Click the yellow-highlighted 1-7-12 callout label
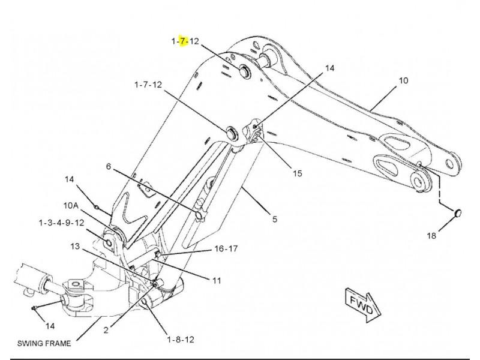point(185,41)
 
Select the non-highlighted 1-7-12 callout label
point(148,85)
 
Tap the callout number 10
point(403,80)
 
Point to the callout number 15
point(297,173)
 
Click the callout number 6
point(109,166)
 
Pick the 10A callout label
point(71,205)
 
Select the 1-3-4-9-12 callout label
point(61,223)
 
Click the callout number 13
point(75,246)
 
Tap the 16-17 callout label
point(226,248)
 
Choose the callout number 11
point(217,280)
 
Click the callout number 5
point(275,219)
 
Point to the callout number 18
point(431,236)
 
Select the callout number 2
point(106,330)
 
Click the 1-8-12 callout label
point(181,340)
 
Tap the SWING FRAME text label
point(44,343)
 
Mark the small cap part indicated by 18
point(457,213)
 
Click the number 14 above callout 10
point(329,68)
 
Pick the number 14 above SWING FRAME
point(50,326)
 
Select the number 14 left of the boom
point(69,179)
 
